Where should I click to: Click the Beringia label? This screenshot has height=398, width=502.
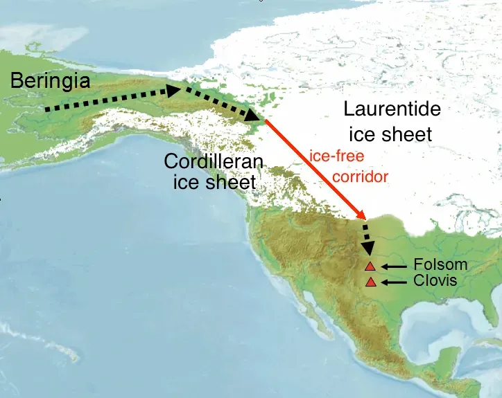pyautogui.click(x=50, y=81)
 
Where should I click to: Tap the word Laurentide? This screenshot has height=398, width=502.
pyautogui.click(x=392, y=109)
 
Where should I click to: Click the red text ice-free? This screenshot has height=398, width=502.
pyautogui.click(x=336, y=156)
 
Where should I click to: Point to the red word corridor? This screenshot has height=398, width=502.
pyautogui.click(x=360, y=176)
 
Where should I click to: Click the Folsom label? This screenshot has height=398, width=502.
pyautogui.click(x=440, y=264)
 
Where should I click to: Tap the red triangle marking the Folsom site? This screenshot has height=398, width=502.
pyautogui.click(x=370, y=266)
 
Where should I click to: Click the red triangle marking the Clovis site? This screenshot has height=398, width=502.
pyautogui.click(x=370, y=282)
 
